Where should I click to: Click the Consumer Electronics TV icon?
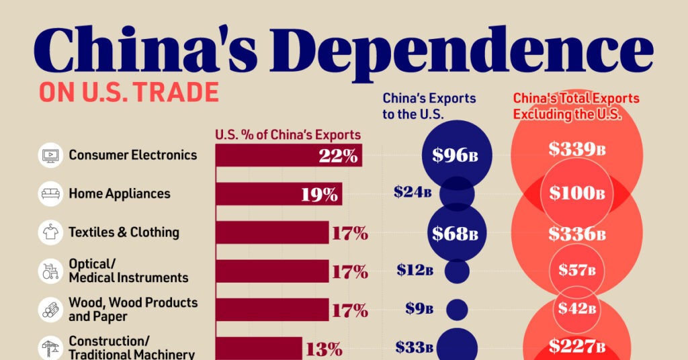(x=50, y=155)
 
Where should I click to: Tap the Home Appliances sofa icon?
(x=50, y=194)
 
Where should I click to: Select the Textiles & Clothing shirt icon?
(x=50, y=232)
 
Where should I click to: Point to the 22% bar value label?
(x=338, y=156)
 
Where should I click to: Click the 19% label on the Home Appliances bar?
(x=319, y=195)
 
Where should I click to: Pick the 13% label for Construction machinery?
(x=325, y=349)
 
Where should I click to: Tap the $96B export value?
(x=455, y=155)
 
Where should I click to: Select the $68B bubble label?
(x=455, y=234)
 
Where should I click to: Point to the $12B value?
(x=414, y=271)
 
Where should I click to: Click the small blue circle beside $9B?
(x=457, y=310)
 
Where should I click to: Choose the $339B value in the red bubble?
(x=576, y=150)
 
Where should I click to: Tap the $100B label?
(x=576, y=193)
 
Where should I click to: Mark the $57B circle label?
(x=576, y=271)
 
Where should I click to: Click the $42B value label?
(x=576, y=309)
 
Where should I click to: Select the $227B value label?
(x=576, y=347)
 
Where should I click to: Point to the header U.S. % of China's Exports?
(x=288, y=134)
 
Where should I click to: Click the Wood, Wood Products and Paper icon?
(x=50, y=310)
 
